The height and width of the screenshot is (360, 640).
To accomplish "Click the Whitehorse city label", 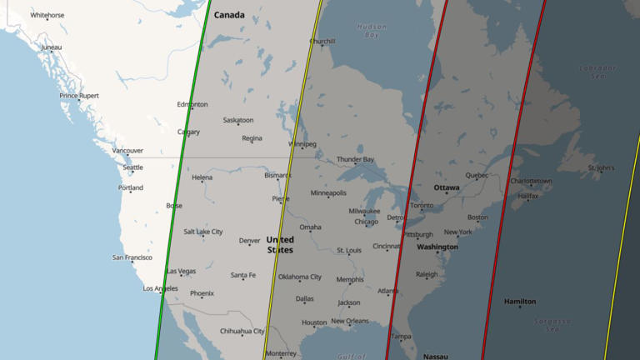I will [x=47, y=15].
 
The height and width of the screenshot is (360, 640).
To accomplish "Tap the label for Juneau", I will [x=52, y=47].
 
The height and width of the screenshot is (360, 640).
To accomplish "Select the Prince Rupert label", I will [x=79, y=96].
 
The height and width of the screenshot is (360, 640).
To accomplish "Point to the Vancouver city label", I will [x=127, y=151].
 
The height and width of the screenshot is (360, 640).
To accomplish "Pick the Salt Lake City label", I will [x=203, y=232].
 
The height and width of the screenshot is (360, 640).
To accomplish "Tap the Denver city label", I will [x=250, y=241].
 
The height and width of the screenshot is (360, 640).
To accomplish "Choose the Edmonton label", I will [x=192, y=104].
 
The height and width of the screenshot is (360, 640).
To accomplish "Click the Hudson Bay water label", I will [x=372, y=31].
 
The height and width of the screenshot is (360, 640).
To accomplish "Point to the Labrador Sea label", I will [x=597, y=72].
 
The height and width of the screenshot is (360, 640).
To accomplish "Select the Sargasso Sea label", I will [x=552, y=325].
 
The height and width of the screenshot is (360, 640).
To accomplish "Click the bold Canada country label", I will [x=229, y=15].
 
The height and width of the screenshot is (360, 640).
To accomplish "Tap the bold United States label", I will [x=280, y=245].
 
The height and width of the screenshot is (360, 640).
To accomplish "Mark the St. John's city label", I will [x=601, y=167].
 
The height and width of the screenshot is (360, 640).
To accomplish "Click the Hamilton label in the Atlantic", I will [x=520, y=302].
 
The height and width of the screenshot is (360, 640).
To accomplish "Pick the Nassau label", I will [x=435, y=356].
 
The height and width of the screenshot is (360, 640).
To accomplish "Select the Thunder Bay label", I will [x=355, y=159].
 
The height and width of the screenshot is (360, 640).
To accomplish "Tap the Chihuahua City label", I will [x=242, y=331].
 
